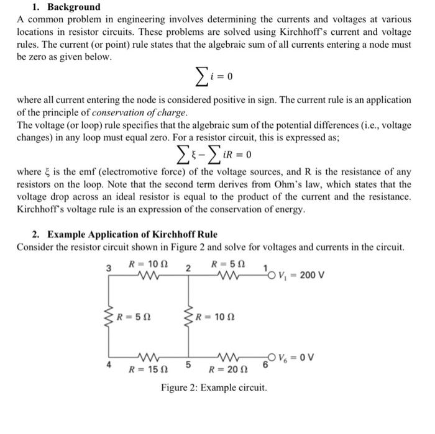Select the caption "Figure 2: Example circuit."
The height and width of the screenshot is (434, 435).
coord(214,388)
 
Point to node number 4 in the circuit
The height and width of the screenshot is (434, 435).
coord(109,364)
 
